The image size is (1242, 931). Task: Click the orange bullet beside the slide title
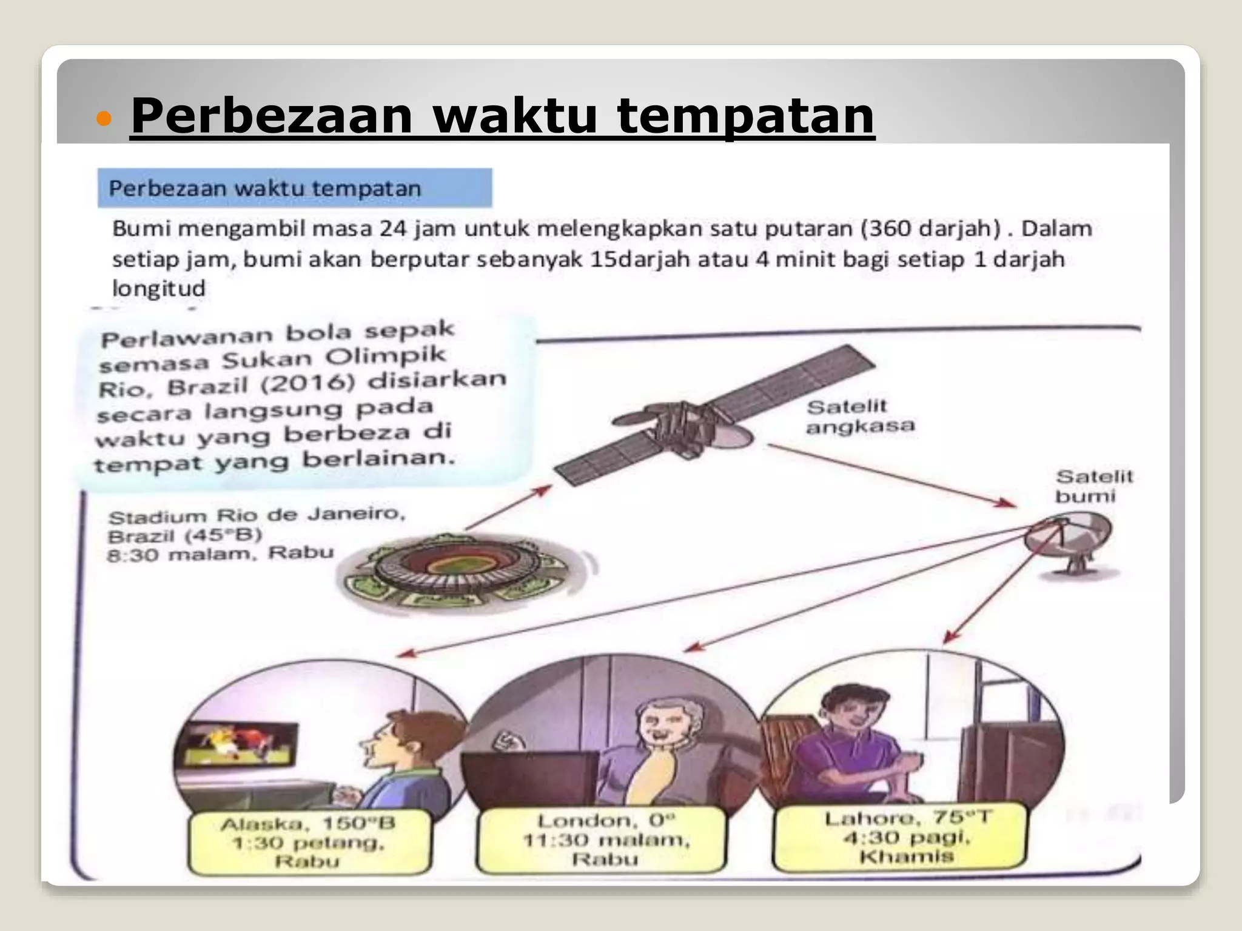pos(105,119)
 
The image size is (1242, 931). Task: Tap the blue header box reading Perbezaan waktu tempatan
pos(295,188)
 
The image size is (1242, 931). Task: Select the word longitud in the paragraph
pos(159,289)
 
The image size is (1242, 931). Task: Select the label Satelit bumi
pos(1093,486)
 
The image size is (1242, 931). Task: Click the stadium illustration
pos(455,570)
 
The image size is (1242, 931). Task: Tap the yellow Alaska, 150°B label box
pos(309,842)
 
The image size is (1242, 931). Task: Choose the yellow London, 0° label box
pos(604,839)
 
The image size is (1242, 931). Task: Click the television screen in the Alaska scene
pos(237,746)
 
